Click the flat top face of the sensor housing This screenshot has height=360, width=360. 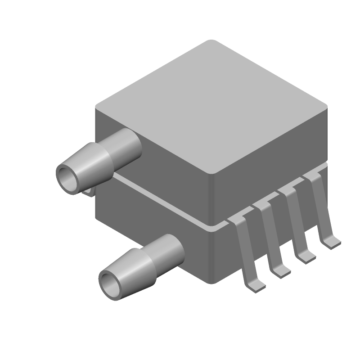pos(211,106)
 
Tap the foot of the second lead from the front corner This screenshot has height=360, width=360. pos(281,271)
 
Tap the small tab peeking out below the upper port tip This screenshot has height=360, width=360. pos(89,192)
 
